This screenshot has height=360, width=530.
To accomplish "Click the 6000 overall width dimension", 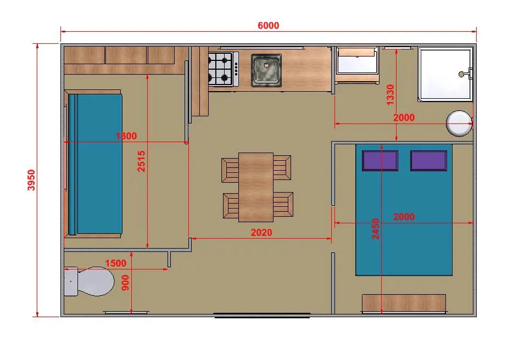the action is [269, 26].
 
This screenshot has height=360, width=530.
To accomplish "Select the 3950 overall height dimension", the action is [31, 180].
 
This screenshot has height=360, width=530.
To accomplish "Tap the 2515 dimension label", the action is [141, 161].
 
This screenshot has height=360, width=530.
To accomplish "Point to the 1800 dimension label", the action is [126, 136].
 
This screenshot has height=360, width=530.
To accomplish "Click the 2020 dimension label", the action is [261, 233].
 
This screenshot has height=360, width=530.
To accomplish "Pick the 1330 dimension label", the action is [390, 95].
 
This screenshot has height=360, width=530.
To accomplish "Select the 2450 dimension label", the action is [376, 229].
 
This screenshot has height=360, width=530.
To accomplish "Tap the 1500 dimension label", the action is [115, 263].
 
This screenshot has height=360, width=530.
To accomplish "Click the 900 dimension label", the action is [125, 283].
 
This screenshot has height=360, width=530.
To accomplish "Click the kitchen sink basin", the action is [266, 70].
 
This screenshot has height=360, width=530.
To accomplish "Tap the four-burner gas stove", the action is [223, 69].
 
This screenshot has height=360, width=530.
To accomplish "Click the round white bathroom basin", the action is [459, 123].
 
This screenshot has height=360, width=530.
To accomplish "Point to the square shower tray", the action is [445, 74].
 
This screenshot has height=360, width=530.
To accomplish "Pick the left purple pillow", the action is [380, 161].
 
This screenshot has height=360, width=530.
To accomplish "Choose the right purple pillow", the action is [428, 161].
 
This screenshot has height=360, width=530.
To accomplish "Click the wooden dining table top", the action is [256, 187].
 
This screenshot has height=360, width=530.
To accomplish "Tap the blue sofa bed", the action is [95, 164].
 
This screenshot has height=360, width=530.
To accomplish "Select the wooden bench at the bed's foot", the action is [404, 303].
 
